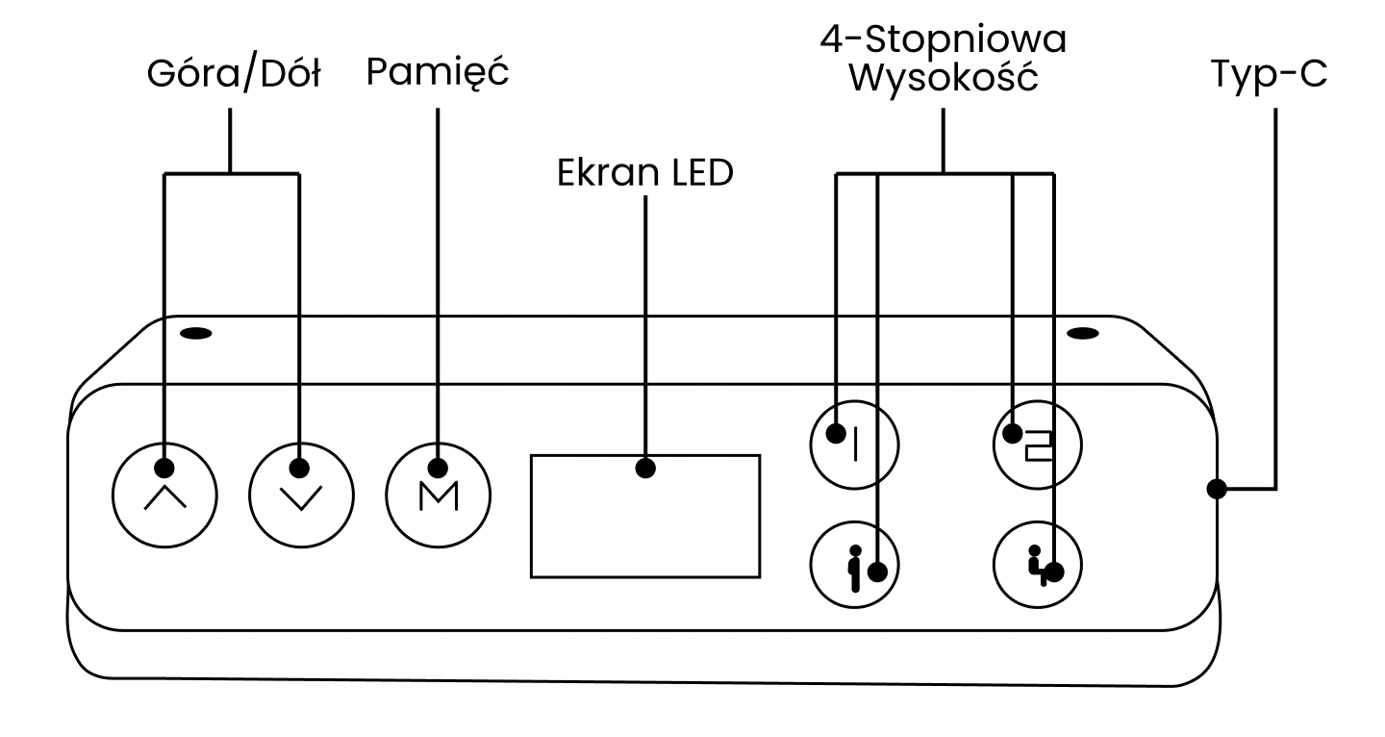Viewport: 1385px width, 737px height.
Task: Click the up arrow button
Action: pyautogui.click(x=164, y=496)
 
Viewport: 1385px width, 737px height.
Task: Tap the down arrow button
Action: pyautogui.click(x=302, y=496)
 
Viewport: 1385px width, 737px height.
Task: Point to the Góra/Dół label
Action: pyautogui.click(x=234, y=74)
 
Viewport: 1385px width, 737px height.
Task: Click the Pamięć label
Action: pyautogui.click(x=437, y=72)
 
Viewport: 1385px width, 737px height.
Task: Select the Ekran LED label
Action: pyautogui.click(x=644, y=172)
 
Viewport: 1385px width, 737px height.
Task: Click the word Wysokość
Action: pyautogui.click(x=943, y=77)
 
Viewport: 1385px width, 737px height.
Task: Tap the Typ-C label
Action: pyautogui.click(x=1269, y=74)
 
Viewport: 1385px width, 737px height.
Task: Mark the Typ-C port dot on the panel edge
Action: pyautogui.click(x=1217, y=489)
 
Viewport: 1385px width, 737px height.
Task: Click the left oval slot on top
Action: pyautogui.click(x=196, y=334)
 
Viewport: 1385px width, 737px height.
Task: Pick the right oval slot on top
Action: pyautogui.click(x=1083, y=334)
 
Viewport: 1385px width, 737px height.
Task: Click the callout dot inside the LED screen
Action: pyautogui.click(x=645, y=468)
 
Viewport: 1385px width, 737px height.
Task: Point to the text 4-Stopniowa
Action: pyautogui.click(x=943, y=38)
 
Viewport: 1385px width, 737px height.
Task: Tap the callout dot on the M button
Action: pyautogui.click(x=438, y=468)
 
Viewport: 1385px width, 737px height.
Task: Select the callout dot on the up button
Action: pyautogui.click(x=164, y=468)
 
